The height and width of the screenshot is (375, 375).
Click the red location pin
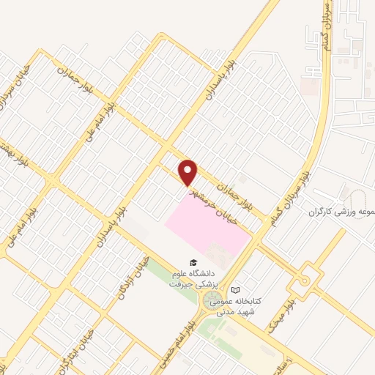[189, 172]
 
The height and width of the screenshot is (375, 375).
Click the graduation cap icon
[193, 262]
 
